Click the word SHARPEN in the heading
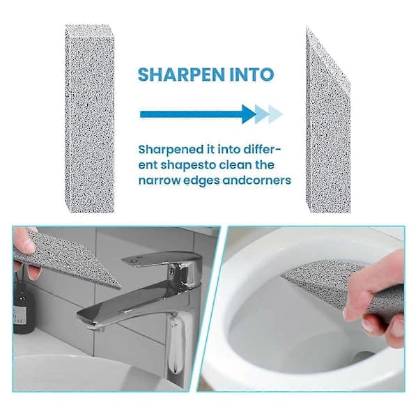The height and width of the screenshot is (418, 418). [182, 75]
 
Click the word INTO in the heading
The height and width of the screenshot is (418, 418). [251, 75]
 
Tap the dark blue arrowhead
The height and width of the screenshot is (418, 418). [249, 114]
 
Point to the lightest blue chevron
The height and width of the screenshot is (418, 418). [275, 114]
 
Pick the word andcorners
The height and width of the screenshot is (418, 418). [256, 180]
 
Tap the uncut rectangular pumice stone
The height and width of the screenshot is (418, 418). [90, 119]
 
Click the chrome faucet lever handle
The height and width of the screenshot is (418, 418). [162, 259]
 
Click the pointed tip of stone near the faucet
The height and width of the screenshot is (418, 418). [119, 287]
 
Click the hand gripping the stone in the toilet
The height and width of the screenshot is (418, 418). [376, 301]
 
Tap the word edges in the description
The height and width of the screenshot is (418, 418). [202, 181]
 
